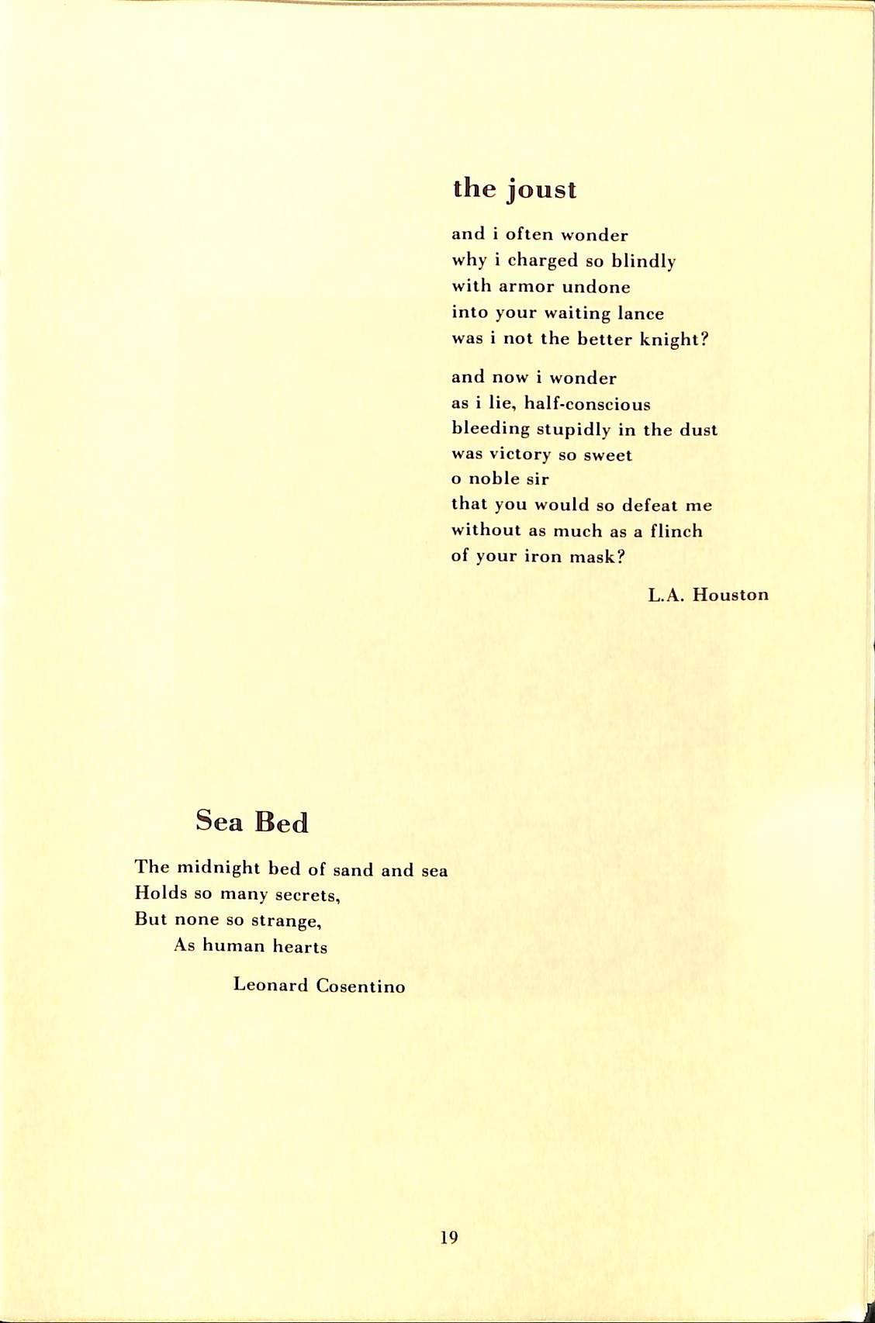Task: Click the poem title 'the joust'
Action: click(x=514, y=189)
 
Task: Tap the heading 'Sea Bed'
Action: click(x=252, y=821)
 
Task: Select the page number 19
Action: click(x=448, y=1237)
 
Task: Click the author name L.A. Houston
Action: click(x=708, y=595)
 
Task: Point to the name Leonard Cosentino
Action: click(x=319, y=986)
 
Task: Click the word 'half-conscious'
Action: click(x=588, y=404)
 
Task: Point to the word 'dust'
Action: click(x=699, y=430)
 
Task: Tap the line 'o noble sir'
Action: click(x=500, y=479)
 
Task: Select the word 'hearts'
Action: click(x=299, y=947)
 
